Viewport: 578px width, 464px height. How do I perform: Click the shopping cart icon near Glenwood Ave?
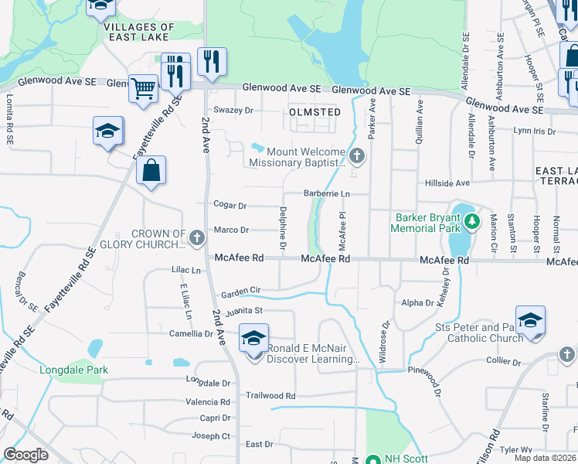pos(142,88)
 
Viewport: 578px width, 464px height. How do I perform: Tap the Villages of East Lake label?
pos(138,32)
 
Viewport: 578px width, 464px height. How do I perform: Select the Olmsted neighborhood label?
pos(314,112)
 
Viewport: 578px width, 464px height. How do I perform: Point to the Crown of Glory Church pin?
pos(196,234)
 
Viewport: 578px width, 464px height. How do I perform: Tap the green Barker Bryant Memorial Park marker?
pos(471,223)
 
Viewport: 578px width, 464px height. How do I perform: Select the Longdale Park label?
pos(74,370)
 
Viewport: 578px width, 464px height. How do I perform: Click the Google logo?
pos(25,454)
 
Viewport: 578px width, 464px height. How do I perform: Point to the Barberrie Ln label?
pos(327,193)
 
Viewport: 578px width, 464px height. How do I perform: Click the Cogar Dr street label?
pos(230,206)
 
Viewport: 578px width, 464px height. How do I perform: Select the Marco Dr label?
pos(231,230)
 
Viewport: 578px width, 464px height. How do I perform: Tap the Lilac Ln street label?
pos(185,271)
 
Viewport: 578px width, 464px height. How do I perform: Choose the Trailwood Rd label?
pos(270,395)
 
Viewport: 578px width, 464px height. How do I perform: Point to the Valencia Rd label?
pos(208,402)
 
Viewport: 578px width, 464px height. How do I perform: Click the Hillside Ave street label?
pos(447,183)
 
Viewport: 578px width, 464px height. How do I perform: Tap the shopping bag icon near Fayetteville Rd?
pos(151,170)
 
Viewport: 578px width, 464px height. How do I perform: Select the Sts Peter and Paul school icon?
pos(530,321)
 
